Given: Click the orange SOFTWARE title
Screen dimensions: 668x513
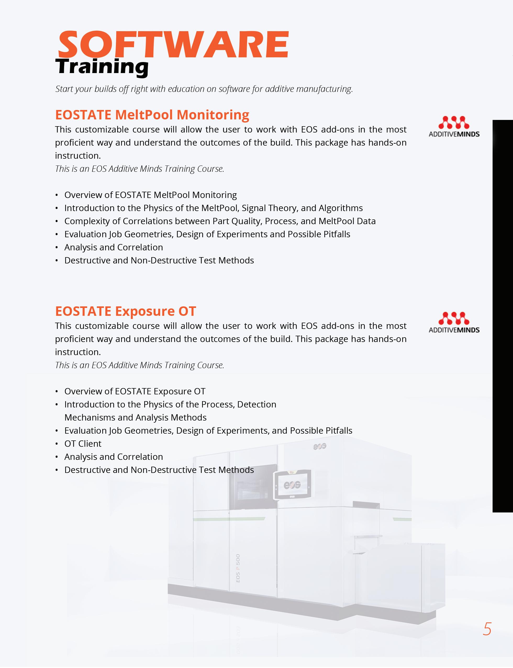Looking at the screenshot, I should [173, 44].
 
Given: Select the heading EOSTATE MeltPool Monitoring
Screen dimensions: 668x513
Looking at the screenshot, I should [152, 115].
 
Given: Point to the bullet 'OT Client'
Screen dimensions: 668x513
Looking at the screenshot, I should [83, 444].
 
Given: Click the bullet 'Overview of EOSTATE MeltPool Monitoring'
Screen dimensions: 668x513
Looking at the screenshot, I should [150, 195].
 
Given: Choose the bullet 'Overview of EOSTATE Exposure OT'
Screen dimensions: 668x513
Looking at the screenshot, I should [135, 391].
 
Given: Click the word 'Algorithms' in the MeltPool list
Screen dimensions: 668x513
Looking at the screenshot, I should [341, 208].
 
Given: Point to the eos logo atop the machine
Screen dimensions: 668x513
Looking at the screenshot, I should [320, 446].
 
